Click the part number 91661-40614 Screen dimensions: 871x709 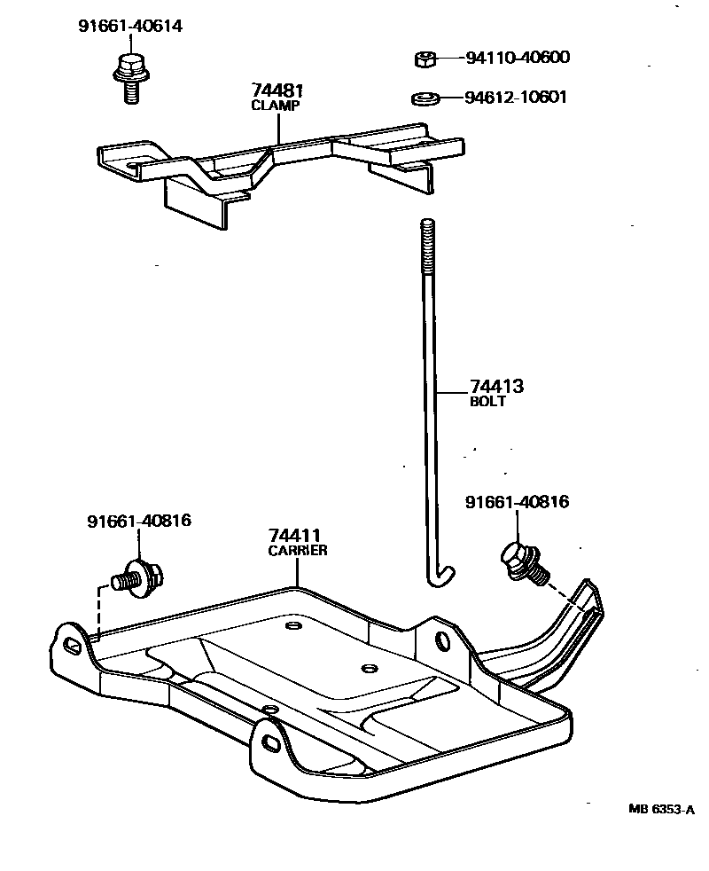[129, 27]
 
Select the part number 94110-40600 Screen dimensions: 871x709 [517, 59]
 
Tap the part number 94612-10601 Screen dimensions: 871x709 [517, 97]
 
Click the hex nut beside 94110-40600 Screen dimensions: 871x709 [425, 59]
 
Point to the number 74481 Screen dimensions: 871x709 [277, 90]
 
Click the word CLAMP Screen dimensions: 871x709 [277, 105]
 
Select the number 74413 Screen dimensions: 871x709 [496, 387]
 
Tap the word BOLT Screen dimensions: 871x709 [487, 401]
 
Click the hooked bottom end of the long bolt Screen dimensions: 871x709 [438, 577]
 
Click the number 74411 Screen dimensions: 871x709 [295, 535]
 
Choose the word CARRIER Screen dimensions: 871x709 [298, 550]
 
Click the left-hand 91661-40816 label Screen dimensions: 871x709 [138, 521]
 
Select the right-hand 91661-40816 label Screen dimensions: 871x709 [517, 503]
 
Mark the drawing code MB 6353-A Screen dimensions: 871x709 [661, 809]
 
